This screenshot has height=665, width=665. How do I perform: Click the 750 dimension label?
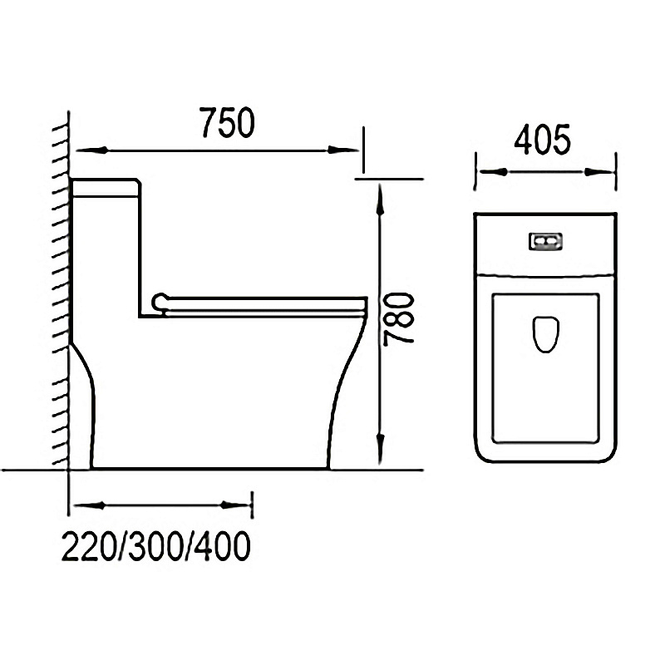(225, 124)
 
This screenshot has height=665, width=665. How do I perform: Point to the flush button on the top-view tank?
(546, 241)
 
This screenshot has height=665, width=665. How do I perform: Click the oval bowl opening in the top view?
(544, 333)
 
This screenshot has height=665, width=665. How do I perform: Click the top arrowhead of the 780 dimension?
(379, 196)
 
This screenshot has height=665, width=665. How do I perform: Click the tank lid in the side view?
(106, 186)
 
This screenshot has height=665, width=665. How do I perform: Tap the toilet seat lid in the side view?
(266, 299)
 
